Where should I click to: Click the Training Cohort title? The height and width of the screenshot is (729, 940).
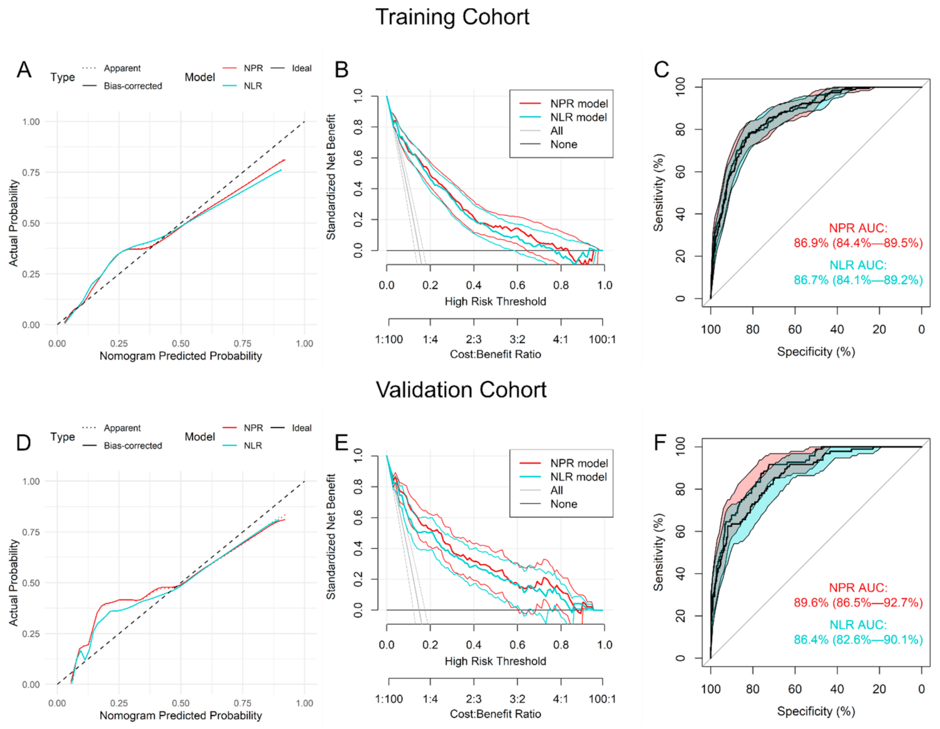pyautogui.click(x=452, y=17)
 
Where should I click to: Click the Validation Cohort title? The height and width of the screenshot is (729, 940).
pyautogui.click(x=461, y=390)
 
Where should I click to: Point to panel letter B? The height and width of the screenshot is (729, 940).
pyautogui.click(x=341, y=69)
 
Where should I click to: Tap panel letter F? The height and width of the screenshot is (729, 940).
pyautogui.click(x=660, y=442)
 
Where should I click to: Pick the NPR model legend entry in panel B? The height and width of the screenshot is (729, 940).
pyautogui.click(x=579, y=103)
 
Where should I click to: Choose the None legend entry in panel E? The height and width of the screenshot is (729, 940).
pyautogui.click(x=563, y=504)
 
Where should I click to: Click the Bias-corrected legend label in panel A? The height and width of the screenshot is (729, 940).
pyautogui.click(x=133, y=86)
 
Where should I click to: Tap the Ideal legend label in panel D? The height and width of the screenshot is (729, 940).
pyautogui.click(x=302, y=428)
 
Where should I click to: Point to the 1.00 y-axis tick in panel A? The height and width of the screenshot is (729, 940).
pyautogui.click(x=31, y=121)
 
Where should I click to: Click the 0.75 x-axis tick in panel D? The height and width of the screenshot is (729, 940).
pyautogui.click(x=242, y=703)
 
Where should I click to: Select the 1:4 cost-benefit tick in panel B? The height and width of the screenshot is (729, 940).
pyautogui.click(x=430, y=339)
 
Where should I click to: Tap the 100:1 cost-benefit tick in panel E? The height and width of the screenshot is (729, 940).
pyautogui.click(x=602, y=699)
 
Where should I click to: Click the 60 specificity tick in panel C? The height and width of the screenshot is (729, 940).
pyautogui.click(x=795, y=329)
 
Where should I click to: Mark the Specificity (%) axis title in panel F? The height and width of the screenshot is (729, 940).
pyautogui.click(x=815, y=711)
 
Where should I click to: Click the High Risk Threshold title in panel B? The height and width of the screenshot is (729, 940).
pyautogui.click(x=495, y=302)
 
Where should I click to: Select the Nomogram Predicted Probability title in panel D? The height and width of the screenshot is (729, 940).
pyautogui.click(x=180, y=715)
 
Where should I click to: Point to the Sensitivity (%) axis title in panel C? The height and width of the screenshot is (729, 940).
pyautogui.click(x=658, y=193)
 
